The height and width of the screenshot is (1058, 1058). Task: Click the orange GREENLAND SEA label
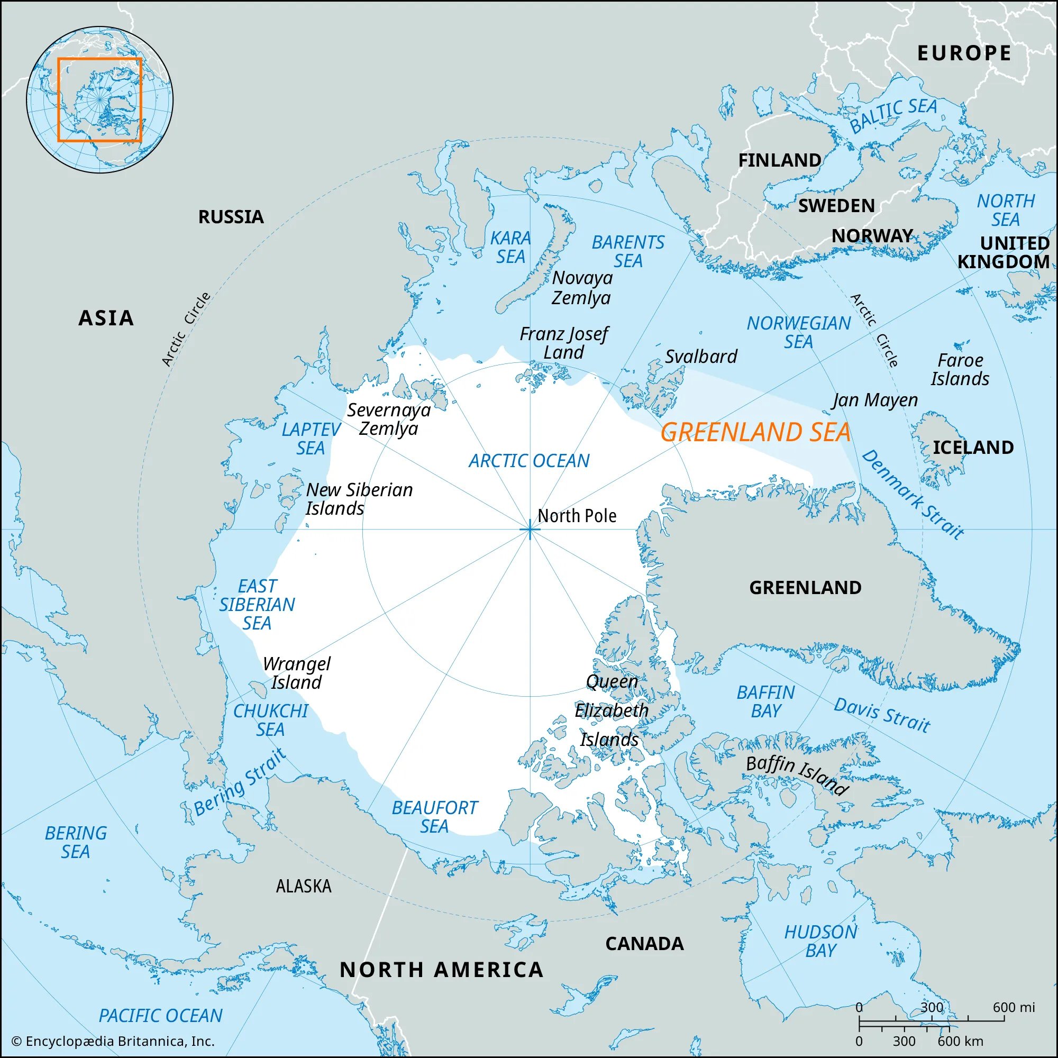[x=755, y=433]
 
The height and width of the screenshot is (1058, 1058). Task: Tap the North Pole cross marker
[x=530, y=530]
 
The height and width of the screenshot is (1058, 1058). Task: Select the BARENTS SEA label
[x=627, y=252]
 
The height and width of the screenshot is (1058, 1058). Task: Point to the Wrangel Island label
[x=296, y=673]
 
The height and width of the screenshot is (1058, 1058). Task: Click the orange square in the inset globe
[x=99, y=99]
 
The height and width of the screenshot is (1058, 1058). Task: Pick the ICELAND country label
[x=973, y=448]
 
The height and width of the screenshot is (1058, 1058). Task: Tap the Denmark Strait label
[x=912, y=495]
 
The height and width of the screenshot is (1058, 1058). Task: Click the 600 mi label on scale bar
[x=1014, y=1007]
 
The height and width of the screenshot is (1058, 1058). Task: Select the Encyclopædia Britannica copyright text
[x=113, y=1041]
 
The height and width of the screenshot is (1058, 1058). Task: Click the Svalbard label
[x=701, y=357]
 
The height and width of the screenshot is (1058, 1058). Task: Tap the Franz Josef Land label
[x=563, y=343]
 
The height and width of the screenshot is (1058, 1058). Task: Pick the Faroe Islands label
[x=960, y=370]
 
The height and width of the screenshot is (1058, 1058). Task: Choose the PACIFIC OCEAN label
[x=160, y=1015]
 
